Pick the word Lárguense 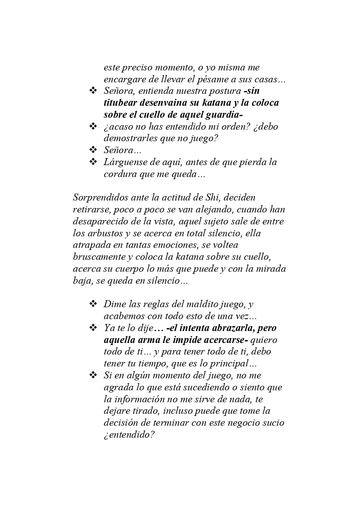tap(123, 162)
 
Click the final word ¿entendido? tap(129, 435)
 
